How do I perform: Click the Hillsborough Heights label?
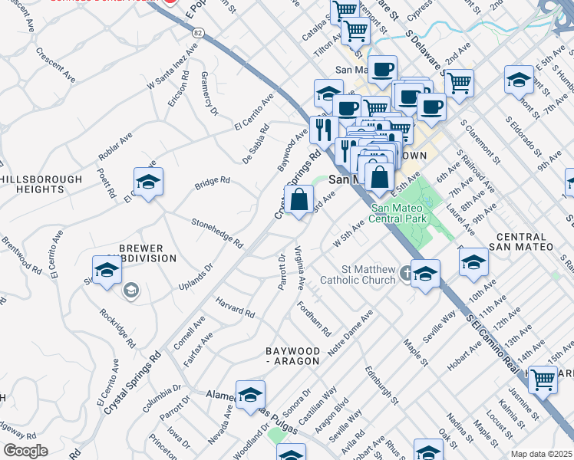(41, 184)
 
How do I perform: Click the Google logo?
(25, 451)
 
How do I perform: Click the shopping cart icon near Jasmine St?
(543, 379)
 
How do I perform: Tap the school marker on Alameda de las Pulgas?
(250, 395)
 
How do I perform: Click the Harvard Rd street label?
(235, 307)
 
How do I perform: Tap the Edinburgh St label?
(382, 386)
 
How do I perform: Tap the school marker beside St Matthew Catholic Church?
(425, 273)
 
